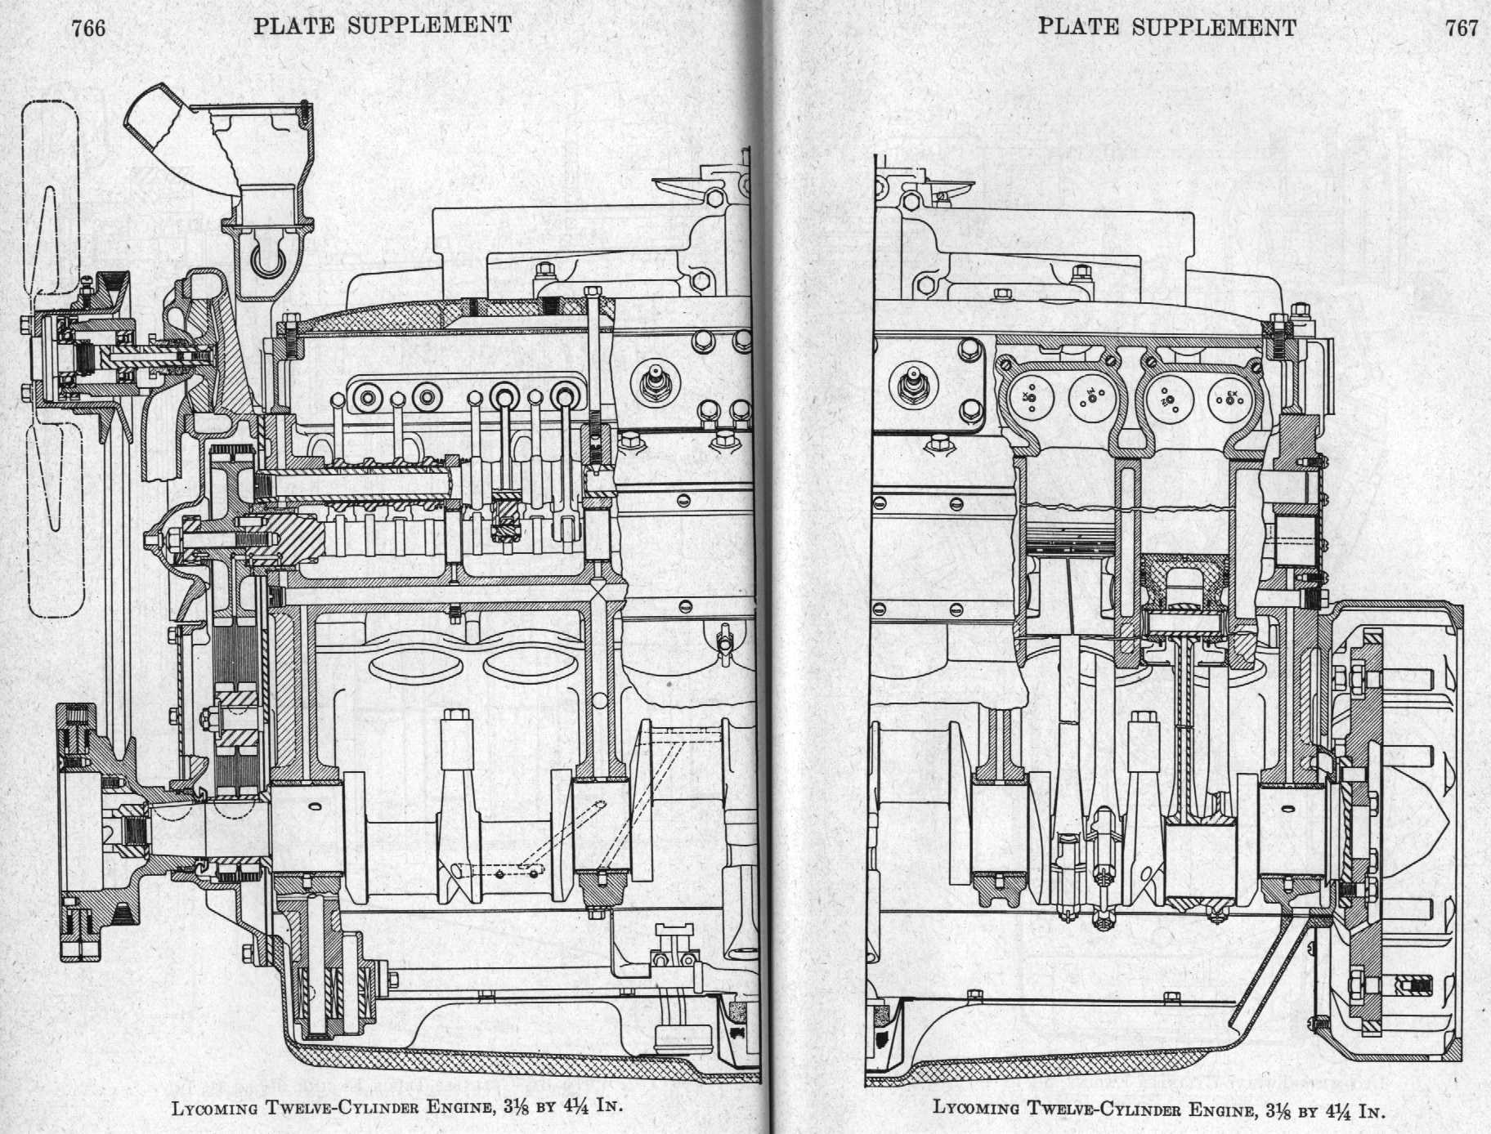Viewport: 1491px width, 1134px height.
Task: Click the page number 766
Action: click(x=88, y=29)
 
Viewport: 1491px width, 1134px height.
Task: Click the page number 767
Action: click(x=1462, y=29)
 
